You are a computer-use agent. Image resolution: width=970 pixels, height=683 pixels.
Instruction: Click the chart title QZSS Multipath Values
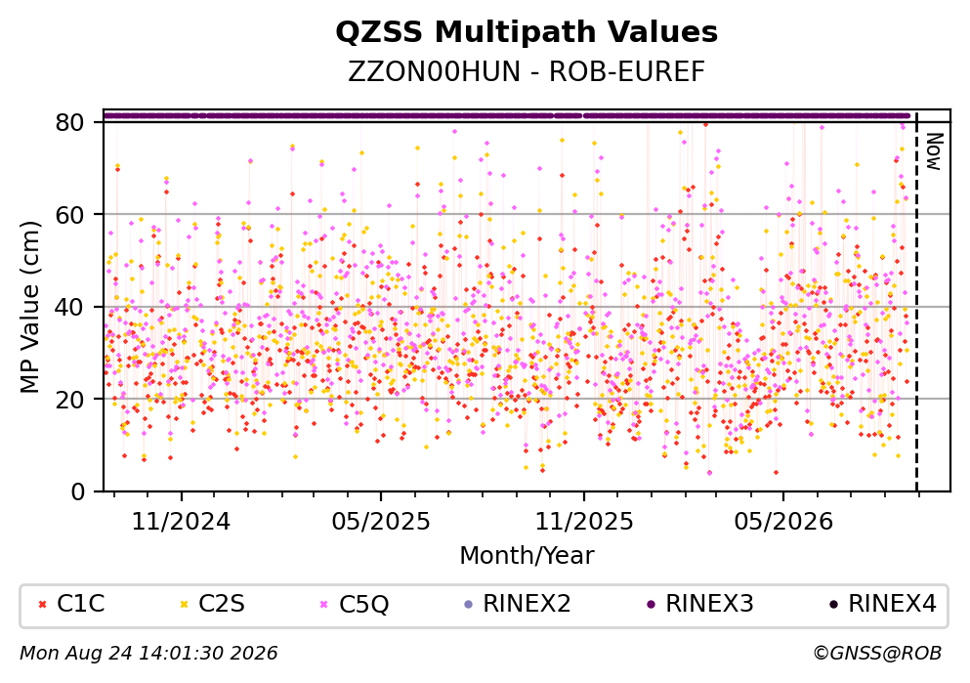click(527, 32)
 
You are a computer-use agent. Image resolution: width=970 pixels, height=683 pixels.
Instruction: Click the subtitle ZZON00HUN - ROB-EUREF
click(527, 72)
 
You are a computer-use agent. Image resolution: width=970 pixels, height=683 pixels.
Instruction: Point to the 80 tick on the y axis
click(70, 122)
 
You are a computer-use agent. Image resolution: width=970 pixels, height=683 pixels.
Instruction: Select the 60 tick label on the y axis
click(70, 215)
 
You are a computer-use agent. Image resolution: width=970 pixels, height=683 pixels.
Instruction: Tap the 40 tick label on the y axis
click(70, 307)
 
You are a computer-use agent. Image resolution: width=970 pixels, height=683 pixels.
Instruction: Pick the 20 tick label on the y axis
click(70, 399)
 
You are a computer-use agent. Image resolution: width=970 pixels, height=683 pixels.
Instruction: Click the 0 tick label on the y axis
click(78, 491)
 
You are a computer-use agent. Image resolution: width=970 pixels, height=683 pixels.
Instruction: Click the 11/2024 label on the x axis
click(182, 522)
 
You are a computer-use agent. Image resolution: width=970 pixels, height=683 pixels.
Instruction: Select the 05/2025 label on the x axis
click(380, 522)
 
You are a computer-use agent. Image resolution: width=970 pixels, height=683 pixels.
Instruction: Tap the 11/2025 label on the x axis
click(584, 522)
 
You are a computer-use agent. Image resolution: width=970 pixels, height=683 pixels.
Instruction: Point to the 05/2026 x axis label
click(783, 522)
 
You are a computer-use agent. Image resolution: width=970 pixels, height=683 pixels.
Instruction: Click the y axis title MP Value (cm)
click(29, 307)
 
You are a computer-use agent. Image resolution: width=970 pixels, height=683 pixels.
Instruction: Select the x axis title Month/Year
click(527, 556)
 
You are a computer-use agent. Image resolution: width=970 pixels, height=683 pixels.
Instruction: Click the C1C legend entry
click(71, 603)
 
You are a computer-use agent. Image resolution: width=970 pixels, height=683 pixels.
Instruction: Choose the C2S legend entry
click(212, 603)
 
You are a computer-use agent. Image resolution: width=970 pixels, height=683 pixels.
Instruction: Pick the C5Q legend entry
click(354, 604)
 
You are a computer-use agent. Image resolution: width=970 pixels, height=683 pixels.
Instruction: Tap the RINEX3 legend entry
click(700, 603)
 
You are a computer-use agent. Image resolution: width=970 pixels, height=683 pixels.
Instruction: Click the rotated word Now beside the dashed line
click(934, 151)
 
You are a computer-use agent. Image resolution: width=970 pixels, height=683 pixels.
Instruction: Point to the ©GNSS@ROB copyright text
click(878, 653)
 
